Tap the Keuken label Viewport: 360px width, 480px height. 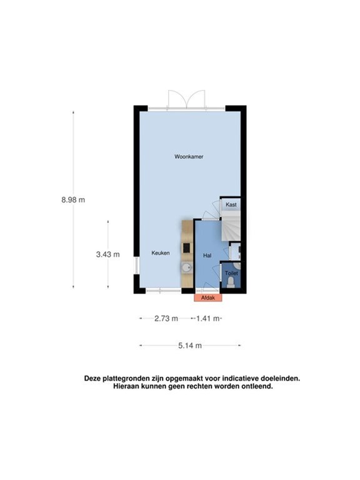click(161, 253)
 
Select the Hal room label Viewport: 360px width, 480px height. click(207, 256)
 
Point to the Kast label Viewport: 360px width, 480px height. click(231, 204)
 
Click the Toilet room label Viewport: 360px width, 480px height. click(231, 273)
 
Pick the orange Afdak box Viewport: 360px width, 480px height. click(208, 297)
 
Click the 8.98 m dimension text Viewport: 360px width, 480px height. click(72, 199)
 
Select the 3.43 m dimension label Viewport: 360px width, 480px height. click(107, 254)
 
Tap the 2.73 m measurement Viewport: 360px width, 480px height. click(166, 318)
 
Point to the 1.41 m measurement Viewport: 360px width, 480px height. click(207, 318)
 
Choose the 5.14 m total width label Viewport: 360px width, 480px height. click(190, 345)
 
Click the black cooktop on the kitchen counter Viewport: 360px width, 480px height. click(186, 248)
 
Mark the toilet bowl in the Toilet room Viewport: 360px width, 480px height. click(231, 283)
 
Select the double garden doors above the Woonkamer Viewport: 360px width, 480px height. click(186, 99)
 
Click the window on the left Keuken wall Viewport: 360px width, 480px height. click(136, 268)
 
